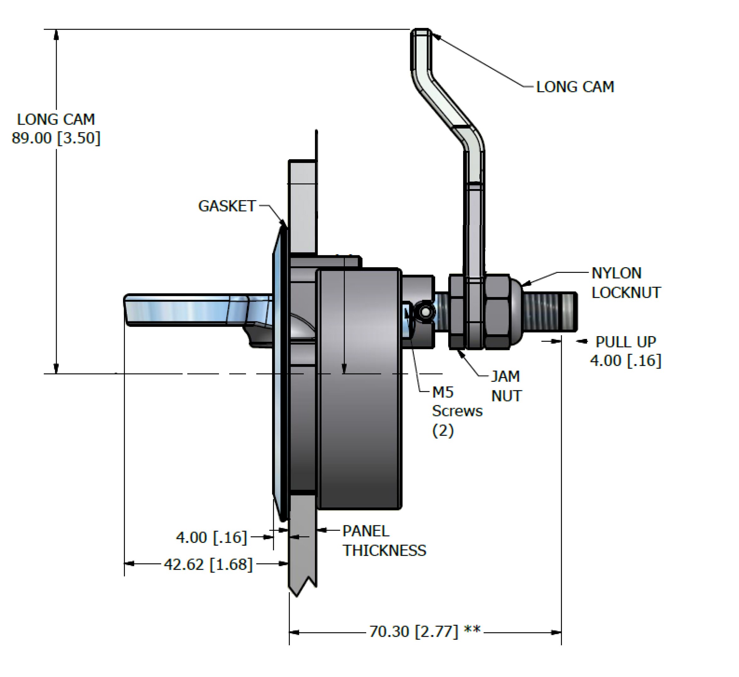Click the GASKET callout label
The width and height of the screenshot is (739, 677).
pyautogui.click(x=227, y=206)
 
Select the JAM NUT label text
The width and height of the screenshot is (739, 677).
pyautogui.click(x=506, y=386)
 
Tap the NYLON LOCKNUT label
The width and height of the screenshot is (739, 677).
pyautogui.click(x=626, y=283)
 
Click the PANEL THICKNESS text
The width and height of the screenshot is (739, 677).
pyautogui.click(x=384, y=541)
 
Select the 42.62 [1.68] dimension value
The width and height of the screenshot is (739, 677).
pyautogui.click(x=208, y=564)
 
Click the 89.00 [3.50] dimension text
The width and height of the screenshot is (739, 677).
pyautogui.click(x=56, y=138)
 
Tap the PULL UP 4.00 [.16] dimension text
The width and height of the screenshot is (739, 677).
pyautogui.click(x=626, y=351)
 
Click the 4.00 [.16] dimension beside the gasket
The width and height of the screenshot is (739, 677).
pyautogui.click(x=211, y=538)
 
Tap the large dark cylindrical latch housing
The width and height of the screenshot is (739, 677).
pyautogui.click(x=359, y=389)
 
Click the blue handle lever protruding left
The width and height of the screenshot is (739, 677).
pyautogui.click(x=198, y=310)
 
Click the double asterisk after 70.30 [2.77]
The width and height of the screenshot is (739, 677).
pyautogui.click(x=472, y=630)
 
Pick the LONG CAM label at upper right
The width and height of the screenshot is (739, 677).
pyautogui.click(x=575, y=87)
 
